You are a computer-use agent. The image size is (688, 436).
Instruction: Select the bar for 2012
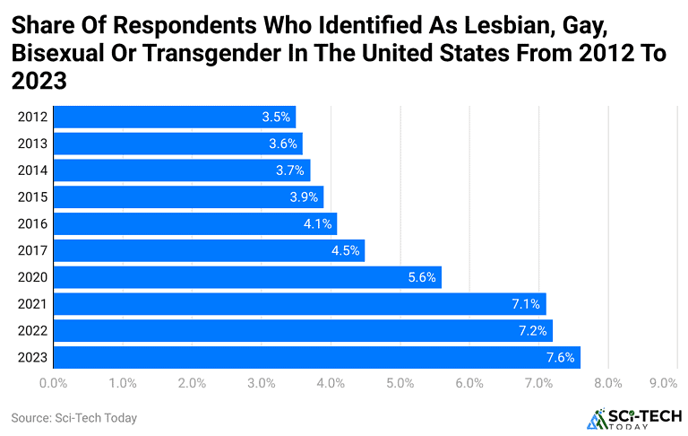pos(175,117)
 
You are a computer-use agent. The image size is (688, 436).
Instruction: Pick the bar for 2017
pos(210,250)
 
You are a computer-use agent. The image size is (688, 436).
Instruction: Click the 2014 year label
pos(32,170)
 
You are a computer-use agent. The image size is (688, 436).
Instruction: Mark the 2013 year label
pos(32,144)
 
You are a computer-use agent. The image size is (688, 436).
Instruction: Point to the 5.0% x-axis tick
pos(400,384)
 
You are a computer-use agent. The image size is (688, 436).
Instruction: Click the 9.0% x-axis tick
pos(663,384)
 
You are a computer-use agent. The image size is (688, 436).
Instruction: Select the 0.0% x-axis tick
pos(54,384)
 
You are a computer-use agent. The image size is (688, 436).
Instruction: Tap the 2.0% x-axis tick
pos(192,384)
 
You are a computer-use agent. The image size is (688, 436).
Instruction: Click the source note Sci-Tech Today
pos(74,418)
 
